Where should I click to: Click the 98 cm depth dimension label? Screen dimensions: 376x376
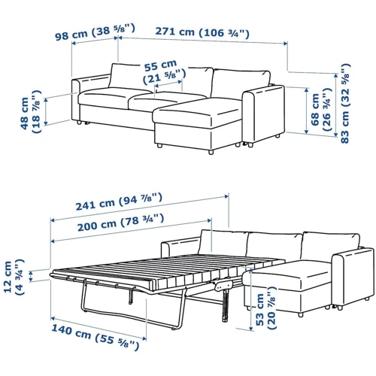[95, 32]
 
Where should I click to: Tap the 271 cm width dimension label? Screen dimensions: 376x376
[202, 32]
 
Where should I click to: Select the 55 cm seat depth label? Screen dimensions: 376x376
[164, 72]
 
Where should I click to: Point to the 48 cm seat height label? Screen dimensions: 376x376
[31, 111]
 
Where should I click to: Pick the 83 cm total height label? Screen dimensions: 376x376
[345, 103]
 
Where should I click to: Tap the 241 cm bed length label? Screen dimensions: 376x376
[119, 202]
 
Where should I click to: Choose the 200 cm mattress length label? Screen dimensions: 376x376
[120, 223]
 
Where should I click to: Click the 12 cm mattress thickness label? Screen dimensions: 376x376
[14, 277]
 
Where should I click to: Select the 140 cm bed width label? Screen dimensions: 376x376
[95, 337]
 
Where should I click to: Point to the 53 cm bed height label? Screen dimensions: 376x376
[265, 308]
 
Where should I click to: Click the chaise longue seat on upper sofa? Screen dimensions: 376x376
[198, 111]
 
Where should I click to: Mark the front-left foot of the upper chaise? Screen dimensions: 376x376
[159, 146]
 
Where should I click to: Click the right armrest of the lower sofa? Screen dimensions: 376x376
[353, 277]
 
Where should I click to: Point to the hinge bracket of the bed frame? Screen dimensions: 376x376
[223, 286]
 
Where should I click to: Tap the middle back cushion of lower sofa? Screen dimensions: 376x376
[274, 246]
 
